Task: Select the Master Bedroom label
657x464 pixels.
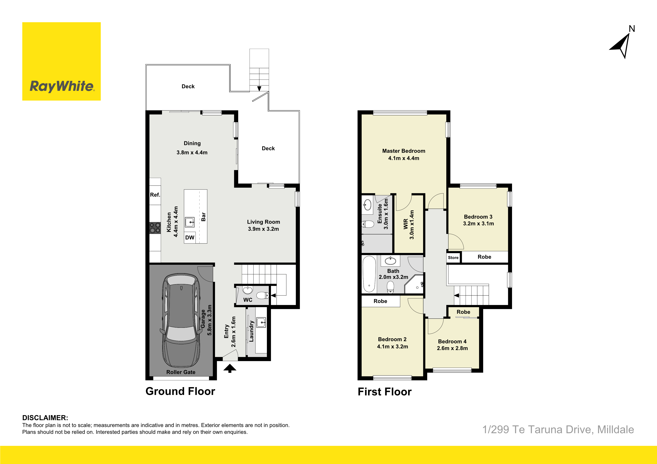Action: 403,151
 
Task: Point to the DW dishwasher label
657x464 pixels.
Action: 190,238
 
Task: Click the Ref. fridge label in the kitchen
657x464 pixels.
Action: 155,195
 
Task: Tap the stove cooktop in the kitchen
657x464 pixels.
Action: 155,228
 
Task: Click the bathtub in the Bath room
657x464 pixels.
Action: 369,274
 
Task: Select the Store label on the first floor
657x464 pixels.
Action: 453,258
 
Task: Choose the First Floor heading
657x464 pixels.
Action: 384,392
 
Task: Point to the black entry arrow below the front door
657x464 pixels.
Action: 230,368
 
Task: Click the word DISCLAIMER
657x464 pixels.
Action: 45,418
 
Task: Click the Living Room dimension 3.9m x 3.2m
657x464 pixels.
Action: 263,229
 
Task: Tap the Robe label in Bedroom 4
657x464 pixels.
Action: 463,312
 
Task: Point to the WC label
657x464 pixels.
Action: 248,300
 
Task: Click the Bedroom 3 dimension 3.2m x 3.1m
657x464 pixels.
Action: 479,224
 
